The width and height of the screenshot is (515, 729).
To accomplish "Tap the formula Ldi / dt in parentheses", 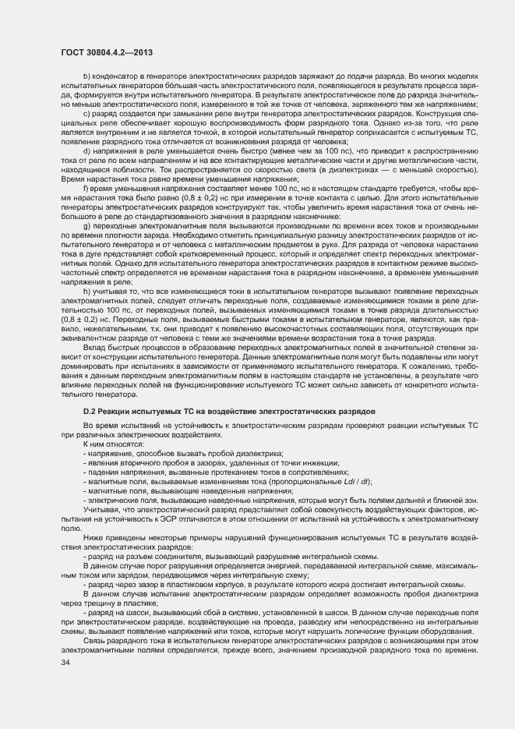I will [x=357, y=482].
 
